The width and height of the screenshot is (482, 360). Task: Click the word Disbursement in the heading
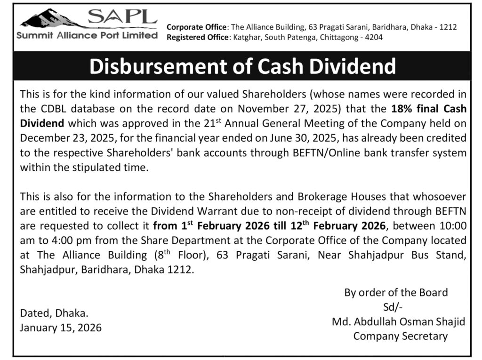(x=160, y=66)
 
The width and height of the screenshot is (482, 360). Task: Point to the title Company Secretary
(x=400, y=336)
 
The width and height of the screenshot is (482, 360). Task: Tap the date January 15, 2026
(x=60, y=328)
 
